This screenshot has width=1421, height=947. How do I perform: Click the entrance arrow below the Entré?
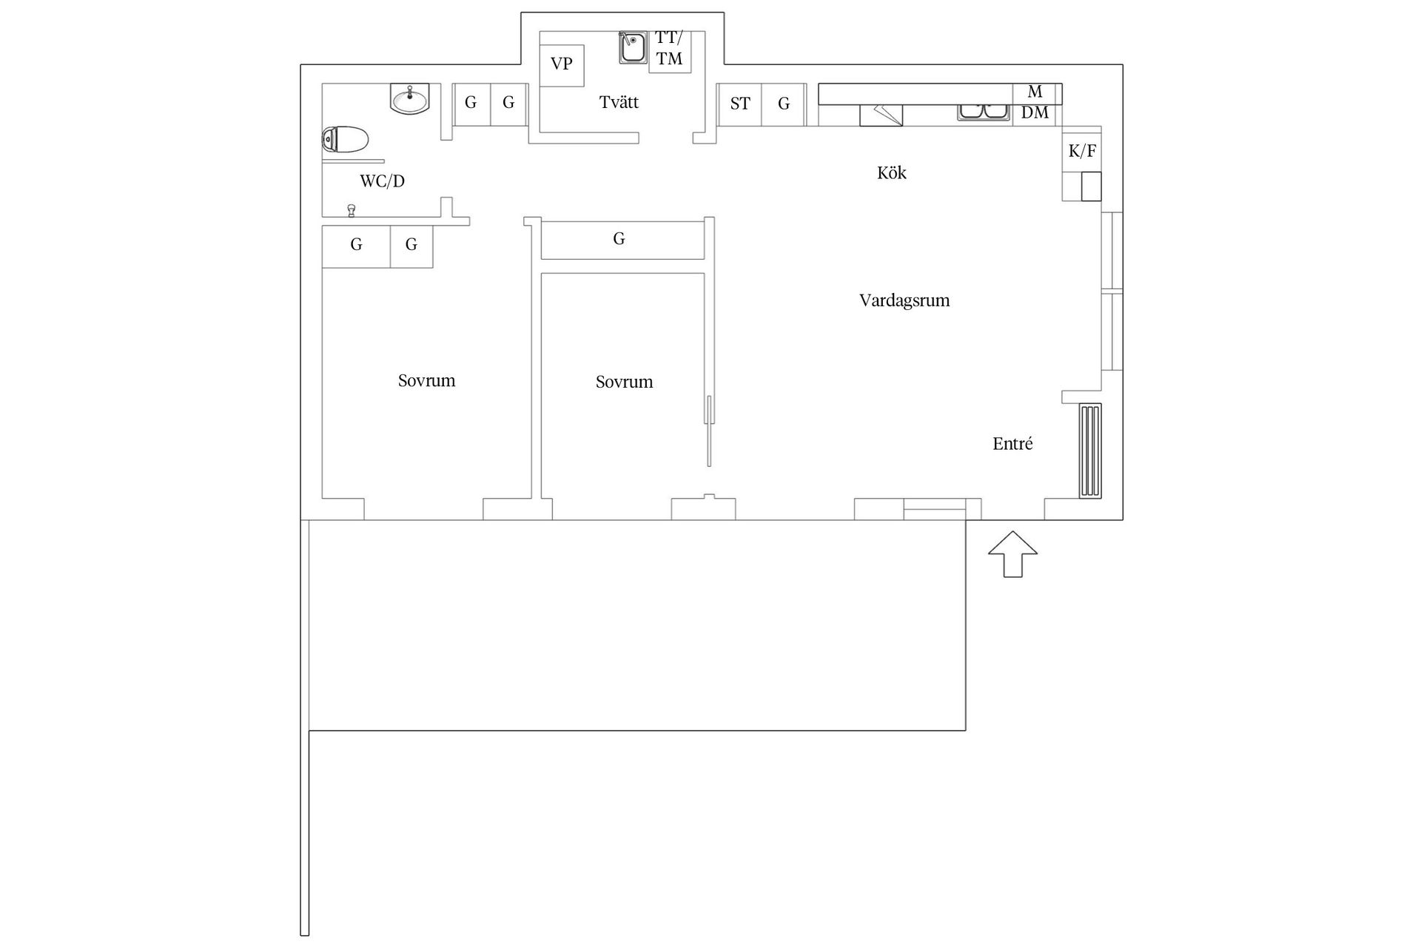pos(1013,553)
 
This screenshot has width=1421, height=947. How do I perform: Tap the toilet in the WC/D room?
pos(346,139)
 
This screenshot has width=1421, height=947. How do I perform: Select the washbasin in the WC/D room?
pos(409,99)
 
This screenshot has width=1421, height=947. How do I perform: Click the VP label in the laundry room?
pos(562,64)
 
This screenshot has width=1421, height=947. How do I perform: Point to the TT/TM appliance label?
pos(669,49)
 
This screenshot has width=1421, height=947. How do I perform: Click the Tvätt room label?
pos(619,102)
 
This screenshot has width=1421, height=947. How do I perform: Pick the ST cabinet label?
pos(740,104)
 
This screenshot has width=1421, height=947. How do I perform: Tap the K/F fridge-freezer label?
pos(1082,152)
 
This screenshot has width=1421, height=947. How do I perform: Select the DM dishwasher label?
pos(1035,113)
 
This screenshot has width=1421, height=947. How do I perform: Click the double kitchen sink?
pos(983,112)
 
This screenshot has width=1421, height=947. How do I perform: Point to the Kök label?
pos(891,173)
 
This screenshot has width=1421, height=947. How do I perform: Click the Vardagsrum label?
pos(904,300)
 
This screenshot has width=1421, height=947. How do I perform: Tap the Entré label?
pos(1012,444)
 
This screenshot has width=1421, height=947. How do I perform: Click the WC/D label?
pos(382,181)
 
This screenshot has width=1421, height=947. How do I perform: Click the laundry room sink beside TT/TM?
pos(633,48)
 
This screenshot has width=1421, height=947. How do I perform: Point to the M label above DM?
pos(1035,92)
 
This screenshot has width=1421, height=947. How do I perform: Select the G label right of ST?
pos(784,104)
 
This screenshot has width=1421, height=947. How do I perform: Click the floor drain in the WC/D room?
pos(352,210)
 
